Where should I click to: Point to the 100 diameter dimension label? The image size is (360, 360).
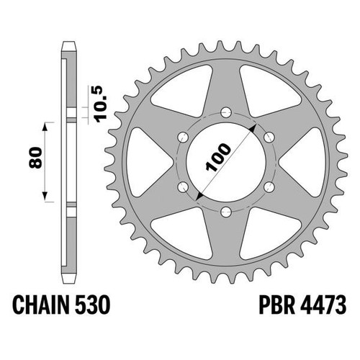[218, 158]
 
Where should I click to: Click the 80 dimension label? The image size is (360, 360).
[35, 158]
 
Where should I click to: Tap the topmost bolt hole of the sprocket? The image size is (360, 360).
[226, 112]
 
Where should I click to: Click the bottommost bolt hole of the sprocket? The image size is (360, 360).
[226, 212]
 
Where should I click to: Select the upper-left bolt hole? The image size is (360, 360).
[183, 137]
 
